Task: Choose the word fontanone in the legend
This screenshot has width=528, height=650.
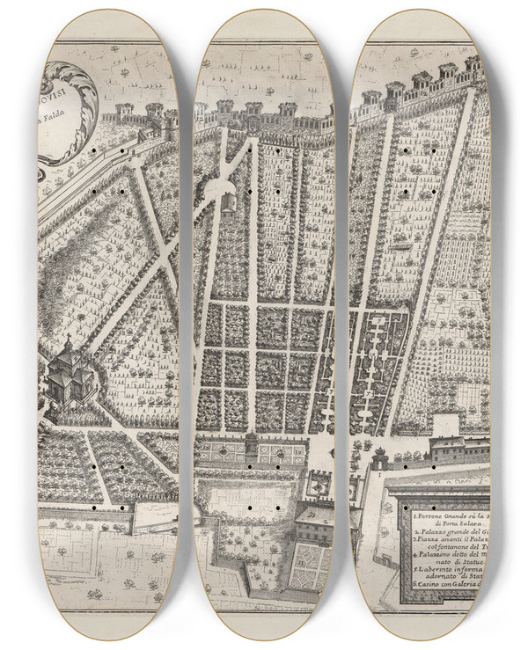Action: tap(444, 545)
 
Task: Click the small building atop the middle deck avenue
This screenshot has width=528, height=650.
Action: tap(228, 205)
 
